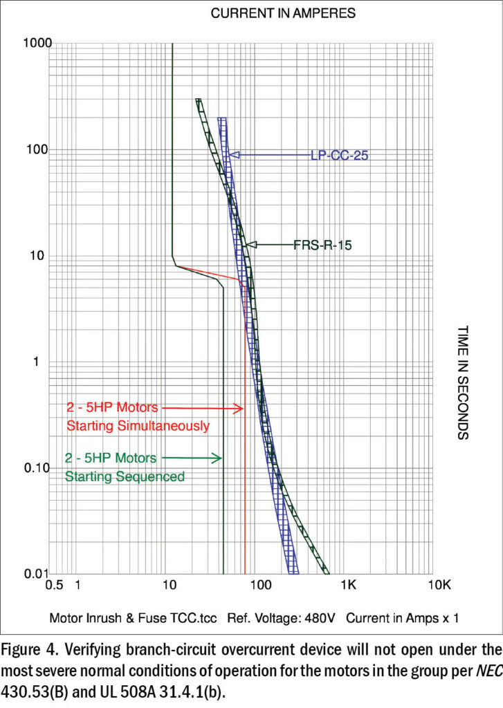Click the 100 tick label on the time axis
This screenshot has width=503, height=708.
coord(35,149)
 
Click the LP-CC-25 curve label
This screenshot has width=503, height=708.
coord(339,156)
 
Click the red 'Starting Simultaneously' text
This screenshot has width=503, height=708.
coord(137,426)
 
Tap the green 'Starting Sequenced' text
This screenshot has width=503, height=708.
coord(125,476)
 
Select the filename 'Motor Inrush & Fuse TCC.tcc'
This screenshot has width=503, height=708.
coord(134,617)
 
